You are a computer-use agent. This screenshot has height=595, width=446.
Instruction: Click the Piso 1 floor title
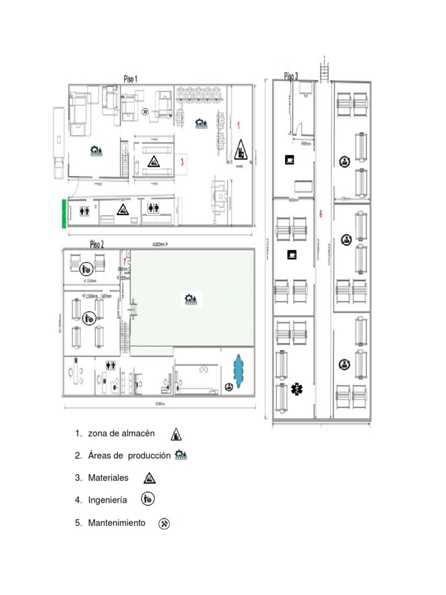point(131,78)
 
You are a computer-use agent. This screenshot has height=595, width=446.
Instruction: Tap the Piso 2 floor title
point(97,243)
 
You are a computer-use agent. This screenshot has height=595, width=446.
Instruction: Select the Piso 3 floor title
point(291,76)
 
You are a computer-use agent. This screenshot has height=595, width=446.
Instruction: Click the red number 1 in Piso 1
point(238,125)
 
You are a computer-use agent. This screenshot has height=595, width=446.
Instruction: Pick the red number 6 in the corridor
point(320,214)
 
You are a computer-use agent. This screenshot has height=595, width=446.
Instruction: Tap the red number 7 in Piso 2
point(124,261)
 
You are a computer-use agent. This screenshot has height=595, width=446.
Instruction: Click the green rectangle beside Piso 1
point(63,213)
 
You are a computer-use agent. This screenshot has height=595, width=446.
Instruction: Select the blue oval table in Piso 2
point(238,369)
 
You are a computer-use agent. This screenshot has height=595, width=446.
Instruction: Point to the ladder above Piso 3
point(323,69)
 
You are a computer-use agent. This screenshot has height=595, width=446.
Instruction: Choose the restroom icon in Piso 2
point(111,365)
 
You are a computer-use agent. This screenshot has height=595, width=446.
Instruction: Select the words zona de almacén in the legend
point(121,433)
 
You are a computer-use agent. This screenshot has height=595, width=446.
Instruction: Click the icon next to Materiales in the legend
point(150,478)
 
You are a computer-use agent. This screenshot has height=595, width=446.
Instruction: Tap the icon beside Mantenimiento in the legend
point(164,524)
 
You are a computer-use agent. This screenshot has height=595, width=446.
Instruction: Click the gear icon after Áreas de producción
point(181,456)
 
